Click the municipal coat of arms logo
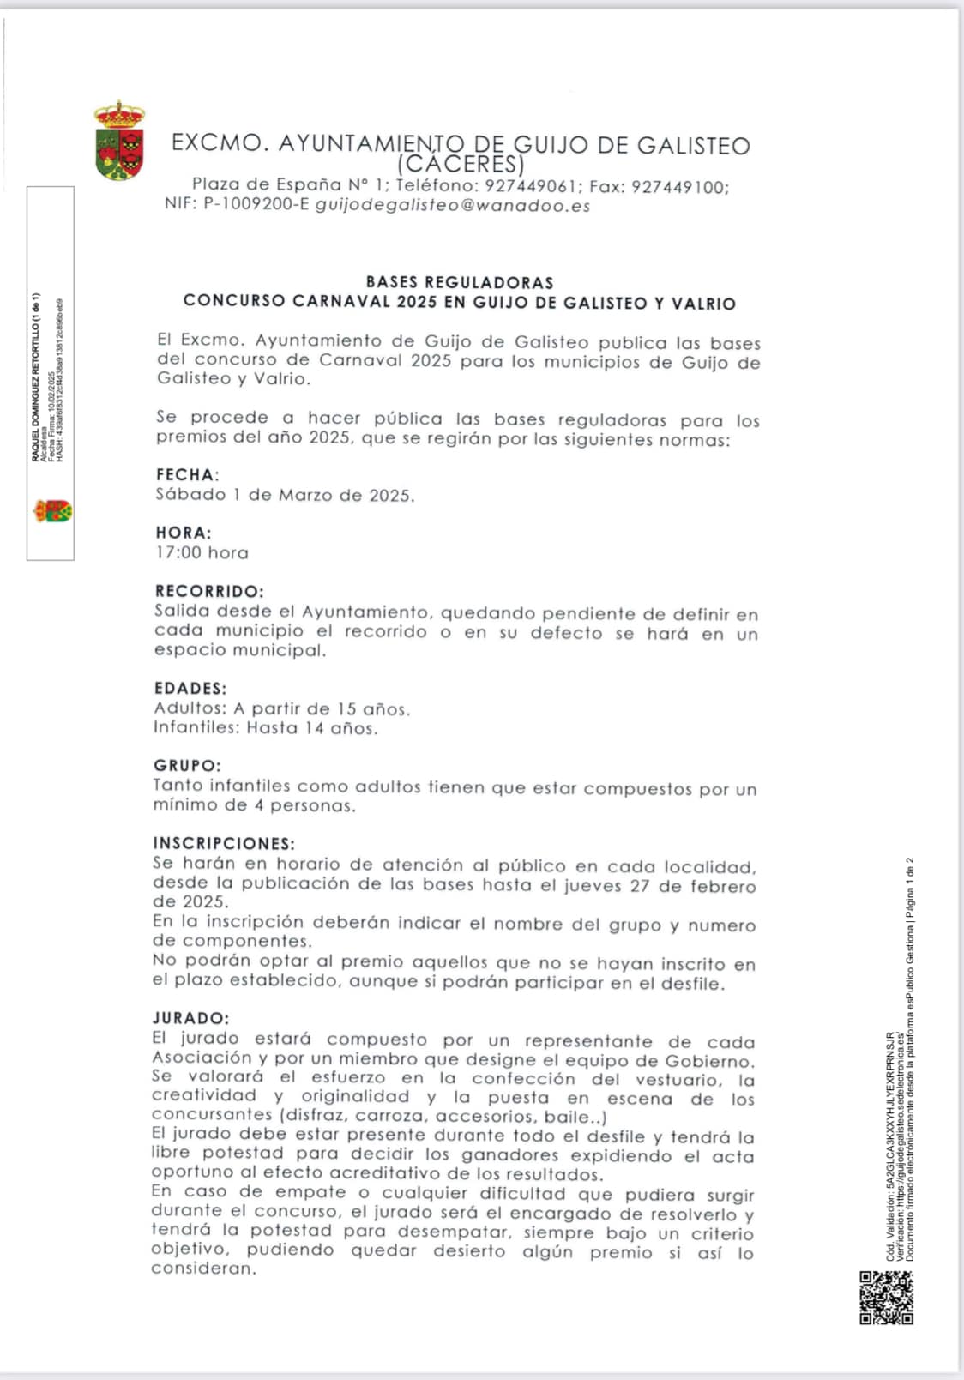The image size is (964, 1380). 119,141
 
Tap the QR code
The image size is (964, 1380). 886,1298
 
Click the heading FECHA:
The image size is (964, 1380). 187,475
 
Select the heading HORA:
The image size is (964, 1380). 184,533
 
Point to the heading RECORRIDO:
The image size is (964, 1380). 209,591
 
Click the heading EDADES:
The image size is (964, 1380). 190,688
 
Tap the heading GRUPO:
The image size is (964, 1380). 187,765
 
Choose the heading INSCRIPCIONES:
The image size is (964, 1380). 224,843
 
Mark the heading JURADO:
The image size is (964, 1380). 191,1018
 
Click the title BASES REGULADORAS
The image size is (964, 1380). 460,282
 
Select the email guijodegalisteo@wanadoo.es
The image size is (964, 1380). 453,206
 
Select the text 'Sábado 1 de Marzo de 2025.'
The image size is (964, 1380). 285,496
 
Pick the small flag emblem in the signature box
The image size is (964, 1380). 52,512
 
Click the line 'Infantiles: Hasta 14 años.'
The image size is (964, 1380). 265,728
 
